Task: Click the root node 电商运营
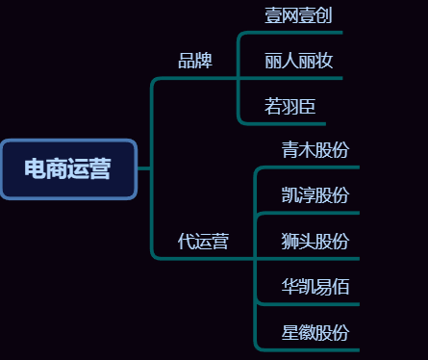(x=68, y=169)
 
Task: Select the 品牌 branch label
(x=195, y=61)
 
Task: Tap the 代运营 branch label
(x=203, y=241)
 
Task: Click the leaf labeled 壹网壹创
(x=299, y=15)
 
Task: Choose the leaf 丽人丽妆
(x=299, y=61)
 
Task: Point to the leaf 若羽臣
(x=290, y=106)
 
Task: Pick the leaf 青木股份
(x=315, y=150)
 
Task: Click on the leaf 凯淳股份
(x=315, y=195)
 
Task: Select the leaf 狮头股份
(x=315, y=241)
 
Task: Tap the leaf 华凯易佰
(x=315, y=286)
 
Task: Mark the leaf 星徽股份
(x=315, y=333)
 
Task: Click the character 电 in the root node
(x=35, y=169)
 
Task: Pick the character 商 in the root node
(x=57, y=169)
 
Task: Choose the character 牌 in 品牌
(x=204, y=61)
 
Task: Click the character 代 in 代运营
(x=187, y=241)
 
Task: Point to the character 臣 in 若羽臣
(x=307, y=106)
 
